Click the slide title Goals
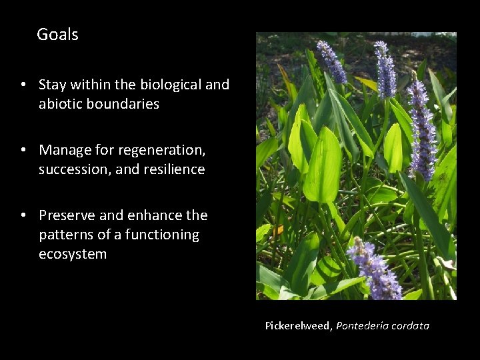[x=57, y=35]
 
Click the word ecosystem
[x=72, y=254]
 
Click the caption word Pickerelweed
[x=298, y=326]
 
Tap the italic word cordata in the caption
[x=411, y=326]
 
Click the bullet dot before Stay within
[x=23, y=85]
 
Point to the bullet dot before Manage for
[x=23, y=151]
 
